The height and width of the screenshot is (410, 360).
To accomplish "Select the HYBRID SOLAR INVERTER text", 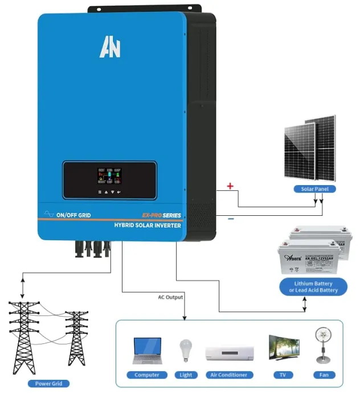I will click(x=148, y=225).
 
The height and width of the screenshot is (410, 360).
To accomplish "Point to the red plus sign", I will click(x=230, y=186).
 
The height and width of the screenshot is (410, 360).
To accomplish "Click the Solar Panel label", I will click(x=314, y=188).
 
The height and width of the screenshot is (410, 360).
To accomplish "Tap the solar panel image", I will click(x=310, y=149).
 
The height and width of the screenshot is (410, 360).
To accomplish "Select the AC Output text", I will click(x=170, y=297).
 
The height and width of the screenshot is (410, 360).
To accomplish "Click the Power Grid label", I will click(x=48, y=383).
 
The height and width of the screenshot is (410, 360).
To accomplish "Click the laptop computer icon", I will click(x=147, y=350).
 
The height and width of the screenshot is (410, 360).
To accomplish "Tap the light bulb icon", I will click(x=186, y=351).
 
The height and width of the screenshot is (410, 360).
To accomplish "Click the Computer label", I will click(x=147, y=375).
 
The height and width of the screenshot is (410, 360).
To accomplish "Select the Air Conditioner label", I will click(x=228, y=375).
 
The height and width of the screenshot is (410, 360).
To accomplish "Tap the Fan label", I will click(x=324, y=375).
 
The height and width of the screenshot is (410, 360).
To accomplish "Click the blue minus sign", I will click(x=231, y=218).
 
